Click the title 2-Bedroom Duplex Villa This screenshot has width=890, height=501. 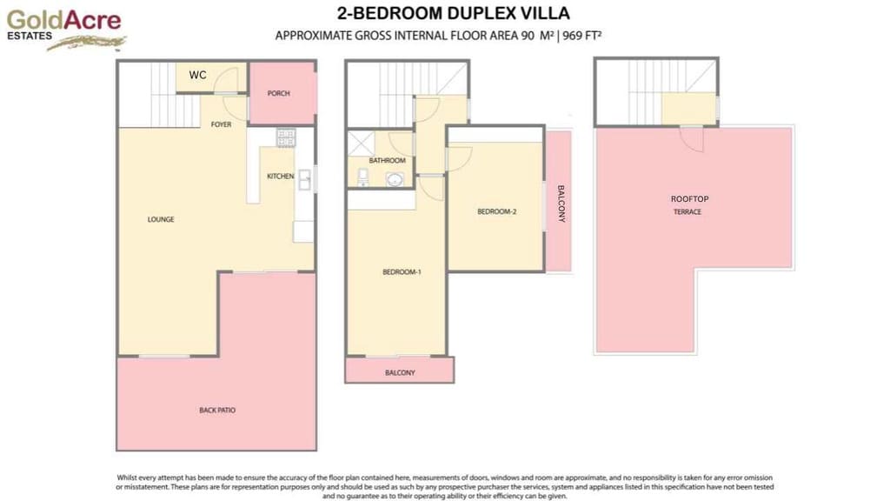click(x=453, y=14)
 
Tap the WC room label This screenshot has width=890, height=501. click(x=198, y=76)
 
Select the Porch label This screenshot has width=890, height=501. click(x=279, y=94)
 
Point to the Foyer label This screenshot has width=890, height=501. click(x=222, y=124)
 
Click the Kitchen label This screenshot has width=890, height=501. click(x=280, y=177)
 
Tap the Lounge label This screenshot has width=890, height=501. click(x=161, y=219)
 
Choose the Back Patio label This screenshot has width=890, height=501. click(x=217, y=410)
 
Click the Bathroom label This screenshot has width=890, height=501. click(x=387, y=161)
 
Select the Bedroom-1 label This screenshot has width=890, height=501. click(x=402, y=272)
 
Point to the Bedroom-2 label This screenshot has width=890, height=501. click(x=497, y=211)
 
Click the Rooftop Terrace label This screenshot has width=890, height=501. click(x=689, y=205)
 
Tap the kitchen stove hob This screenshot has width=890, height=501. click(x=286, y=137)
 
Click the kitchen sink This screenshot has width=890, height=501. click(x=305, y=178)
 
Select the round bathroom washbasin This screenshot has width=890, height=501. click(x=395, y=180)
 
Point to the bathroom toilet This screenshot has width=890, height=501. click(x=363, y=178)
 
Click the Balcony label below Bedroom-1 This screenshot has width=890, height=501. click(x=400, y=372)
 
